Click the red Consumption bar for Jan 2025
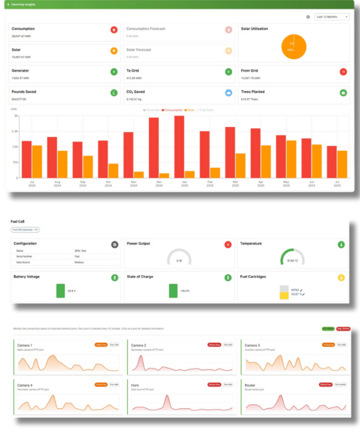pos(179,147)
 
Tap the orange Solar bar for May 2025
pos(291,159)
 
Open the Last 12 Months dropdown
pos(332,17)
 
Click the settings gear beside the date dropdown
pos(308,17)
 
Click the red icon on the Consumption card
pos(114,30)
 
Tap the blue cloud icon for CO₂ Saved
pos(228,93)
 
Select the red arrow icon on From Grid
pos(343,72)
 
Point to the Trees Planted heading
pos(253,92)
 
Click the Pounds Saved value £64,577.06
pos(19,99)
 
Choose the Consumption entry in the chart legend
pos(172,110)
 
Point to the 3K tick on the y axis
pos(16,116)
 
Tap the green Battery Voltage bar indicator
pos(61,291)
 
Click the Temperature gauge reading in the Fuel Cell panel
pos(292,261)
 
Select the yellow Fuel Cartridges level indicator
pos(284,295)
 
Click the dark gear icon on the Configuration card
pos(114,245)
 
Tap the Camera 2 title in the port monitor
pos(138,345)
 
